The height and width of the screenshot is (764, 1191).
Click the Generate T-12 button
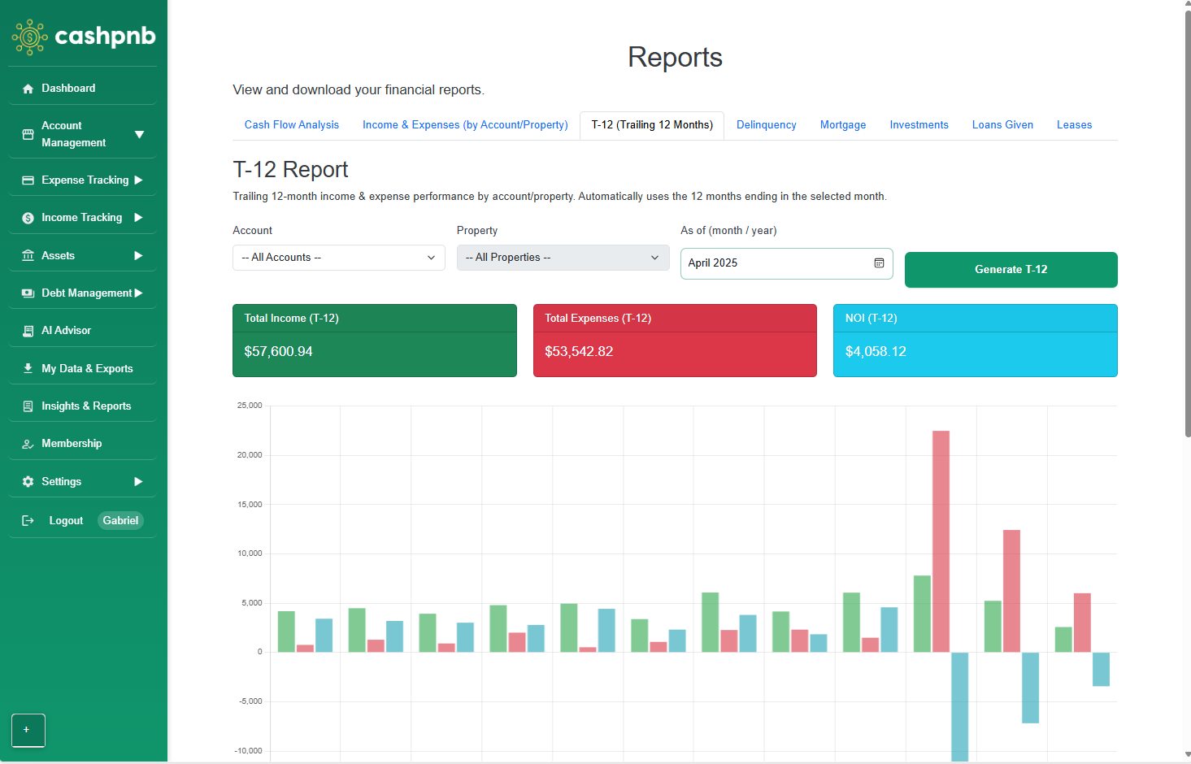click(x=1011, y=270)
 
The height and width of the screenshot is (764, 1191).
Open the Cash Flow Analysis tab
click(x=292, y=125)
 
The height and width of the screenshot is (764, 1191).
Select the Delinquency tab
click(x=766, y=125)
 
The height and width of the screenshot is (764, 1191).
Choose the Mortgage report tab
click(x=842, y=125)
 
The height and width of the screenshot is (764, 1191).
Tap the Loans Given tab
click(x=1002, y=125)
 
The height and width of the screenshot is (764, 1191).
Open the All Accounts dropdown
click(x=338, y=258)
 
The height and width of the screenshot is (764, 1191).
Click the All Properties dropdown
click(x=563, y=258)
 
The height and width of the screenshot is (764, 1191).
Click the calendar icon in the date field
click(x=879, y=263)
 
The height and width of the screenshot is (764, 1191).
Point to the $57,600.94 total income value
click(x=278, y=352)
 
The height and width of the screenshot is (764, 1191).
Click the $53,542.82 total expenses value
click(x=579, y=352)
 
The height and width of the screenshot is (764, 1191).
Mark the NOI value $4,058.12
click(x=876, y=352)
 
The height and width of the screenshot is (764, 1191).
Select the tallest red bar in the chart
click(x=941, y=540)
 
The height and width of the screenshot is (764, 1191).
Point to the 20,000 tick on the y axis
click(x=250, y=455)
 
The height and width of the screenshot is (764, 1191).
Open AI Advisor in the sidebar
click(x=66, y=331)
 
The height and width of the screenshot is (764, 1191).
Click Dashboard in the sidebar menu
click(x=68, y=89)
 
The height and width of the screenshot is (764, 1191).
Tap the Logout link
click(x=66, y=521)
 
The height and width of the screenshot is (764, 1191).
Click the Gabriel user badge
click(x=120, y=521)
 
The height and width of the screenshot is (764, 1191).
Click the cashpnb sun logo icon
click(x=30, y=37)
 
